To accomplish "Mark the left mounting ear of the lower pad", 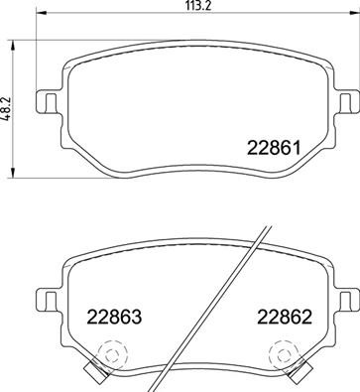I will point(46,297).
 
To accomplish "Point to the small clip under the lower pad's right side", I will point(296,375).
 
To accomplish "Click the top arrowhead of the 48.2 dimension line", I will point(13,43).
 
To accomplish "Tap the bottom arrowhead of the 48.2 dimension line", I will point(13,172).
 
